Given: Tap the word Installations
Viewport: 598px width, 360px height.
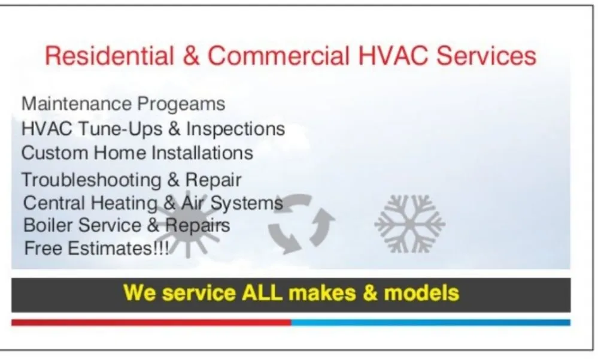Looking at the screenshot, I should click(x=202, y=153).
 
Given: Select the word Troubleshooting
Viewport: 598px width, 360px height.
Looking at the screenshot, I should click(x=91, y=180).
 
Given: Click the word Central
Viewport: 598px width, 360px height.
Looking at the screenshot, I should click(x=55, y=202).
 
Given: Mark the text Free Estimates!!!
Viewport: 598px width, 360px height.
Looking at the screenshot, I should click(x=96, y=247).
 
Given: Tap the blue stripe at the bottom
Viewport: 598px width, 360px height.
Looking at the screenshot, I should click(x=430, y=322).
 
